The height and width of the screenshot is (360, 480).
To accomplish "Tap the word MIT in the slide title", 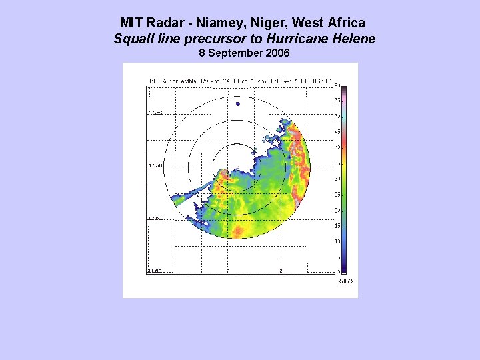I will [x=131, y=23].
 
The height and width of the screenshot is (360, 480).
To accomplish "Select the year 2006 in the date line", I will [x=277, y=53].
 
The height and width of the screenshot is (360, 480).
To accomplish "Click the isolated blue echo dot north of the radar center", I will [x=238, y=103].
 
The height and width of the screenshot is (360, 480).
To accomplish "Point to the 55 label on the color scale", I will [x=337, y=100].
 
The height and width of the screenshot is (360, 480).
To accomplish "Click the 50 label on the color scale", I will [x=337, y=116].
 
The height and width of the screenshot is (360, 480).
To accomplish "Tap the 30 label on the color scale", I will [x=337, y=179].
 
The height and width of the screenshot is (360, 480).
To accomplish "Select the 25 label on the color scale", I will [x=337, y=195].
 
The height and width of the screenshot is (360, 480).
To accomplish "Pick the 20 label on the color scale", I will [x=337, y=210].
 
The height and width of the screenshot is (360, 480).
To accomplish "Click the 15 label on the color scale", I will [x=337, y=226].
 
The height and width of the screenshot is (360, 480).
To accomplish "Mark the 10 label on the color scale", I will [x=337, y=241].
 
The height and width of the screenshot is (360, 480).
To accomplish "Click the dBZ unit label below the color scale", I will [x=345, y=281].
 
